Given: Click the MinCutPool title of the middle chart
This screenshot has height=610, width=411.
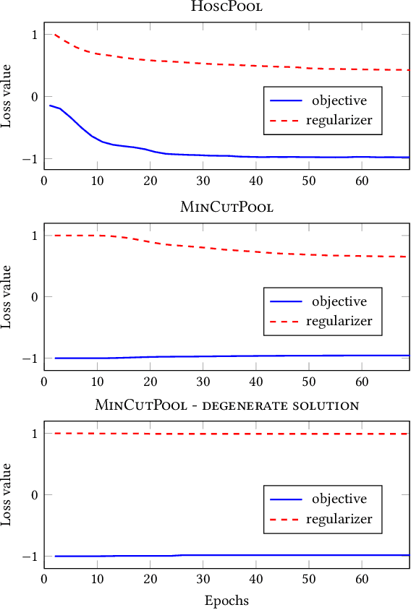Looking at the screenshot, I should [x=226, y=207].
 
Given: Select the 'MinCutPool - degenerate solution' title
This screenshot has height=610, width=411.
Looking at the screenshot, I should [x=226, y=405].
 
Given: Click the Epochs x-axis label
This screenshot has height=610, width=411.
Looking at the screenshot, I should [x=226, y=601].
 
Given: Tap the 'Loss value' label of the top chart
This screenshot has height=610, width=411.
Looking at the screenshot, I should [x=7, y=95].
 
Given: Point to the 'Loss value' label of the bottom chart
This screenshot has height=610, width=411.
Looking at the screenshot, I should [x=7, y=494].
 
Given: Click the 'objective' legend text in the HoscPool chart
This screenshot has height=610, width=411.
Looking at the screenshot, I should [x=339, y=100].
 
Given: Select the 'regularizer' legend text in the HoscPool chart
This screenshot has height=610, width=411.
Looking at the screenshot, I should [x=339, y=120].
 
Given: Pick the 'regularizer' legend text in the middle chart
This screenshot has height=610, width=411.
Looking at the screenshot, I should [x=339, y=320].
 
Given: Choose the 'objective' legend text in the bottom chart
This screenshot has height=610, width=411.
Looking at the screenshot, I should [x=339, y=499].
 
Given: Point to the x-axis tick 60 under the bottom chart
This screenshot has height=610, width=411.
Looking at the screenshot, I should [x=361, y=579].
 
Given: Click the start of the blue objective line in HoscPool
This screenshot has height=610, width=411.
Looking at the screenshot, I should [x=50, y=106].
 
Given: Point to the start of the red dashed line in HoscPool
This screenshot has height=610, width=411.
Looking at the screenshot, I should [x=55, y=34].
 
